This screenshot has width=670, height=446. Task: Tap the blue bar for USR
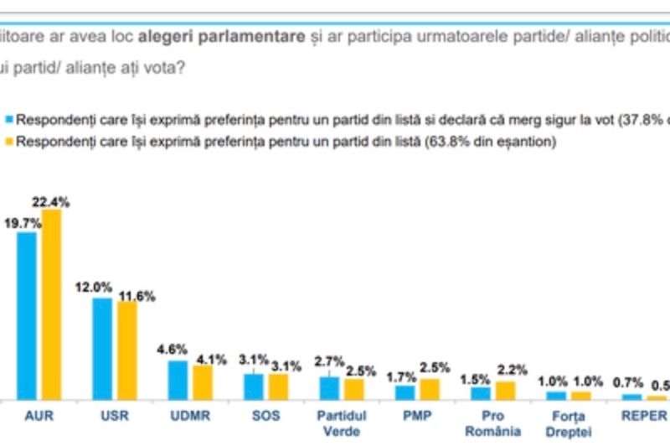[x=102, y=349]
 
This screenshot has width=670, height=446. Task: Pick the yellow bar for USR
[x=127, y=350]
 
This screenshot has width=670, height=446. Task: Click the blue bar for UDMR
[x=178, y=380]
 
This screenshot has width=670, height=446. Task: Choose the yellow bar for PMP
[x=430, y=389]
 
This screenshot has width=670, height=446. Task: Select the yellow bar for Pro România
[x=505, y=391]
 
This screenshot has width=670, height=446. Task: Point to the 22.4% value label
[x=52, y=201]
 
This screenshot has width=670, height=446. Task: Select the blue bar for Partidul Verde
[x=329, y=388]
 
